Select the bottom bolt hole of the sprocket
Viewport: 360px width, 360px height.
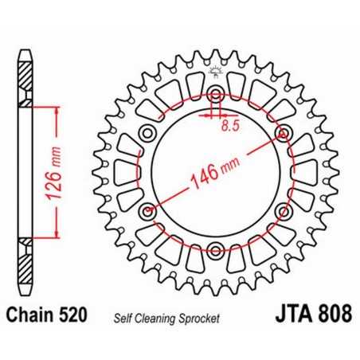[216, 252]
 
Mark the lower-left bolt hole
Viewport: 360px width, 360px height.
[147, 212]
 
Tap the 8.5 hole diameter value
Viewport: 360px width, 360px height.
[230, 125]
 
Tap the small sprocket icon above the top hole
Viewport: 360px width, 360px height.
[216, 73]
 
